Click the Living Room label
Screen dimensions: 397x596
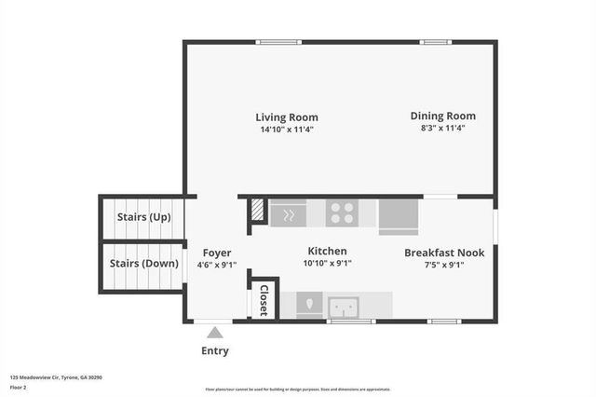(287, 117)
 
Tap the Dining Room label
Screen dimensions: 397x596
(442, 116)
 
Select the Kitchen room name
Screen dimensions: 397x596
(328, 252)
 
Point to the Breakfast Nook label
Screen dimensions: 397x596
(444, 253)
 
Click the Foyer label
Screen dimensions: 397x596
(216, 253)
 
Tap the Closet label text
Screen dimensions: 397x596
(264, 301)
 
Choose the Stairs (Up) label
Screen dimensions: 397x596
(144, 218)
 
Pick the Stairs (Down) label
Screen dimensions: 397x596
(144, 264)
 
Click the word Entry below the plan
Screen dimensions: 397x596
(215, 351)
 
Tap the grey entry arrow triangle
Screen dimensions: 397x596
(215, 333)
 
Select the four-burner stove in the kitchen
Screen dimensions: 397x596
(341, 213)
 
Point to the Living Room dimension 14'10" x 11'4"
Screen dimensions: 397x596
(287, 130)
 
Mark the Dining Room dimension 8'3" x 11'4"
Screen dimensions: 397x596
(442, 129)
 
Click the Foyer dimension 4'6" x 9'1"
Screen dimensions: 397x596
(216, 265)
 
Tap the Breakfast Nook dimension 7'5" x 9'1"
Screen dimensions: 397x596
(444, 265)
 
